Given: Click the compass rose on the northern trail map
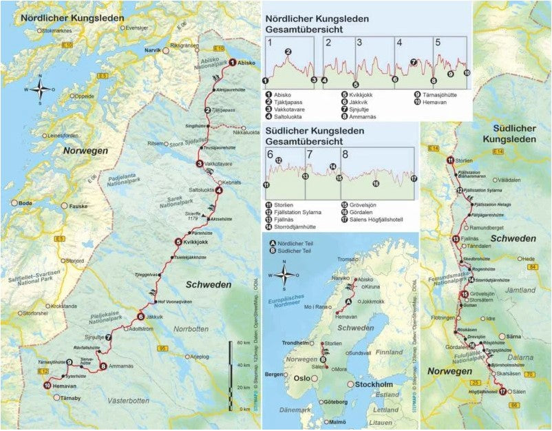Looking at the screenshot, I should [41, 88].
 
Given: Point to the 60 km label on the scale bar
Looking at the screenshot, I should [241, 343].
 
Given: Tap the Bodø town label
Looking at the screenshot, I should [26, 204].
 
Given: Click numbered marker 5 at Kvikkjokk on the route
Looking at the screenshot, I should [178, 242].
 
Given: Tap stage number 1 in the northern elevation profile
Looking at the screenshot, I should [271, 43].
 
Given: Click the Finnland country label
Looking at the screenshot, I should [389, 352].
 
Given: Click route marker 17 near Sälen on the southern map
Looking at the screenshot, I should [502, 392].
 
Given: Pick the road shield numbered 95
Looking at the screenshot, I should [162, 348].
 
